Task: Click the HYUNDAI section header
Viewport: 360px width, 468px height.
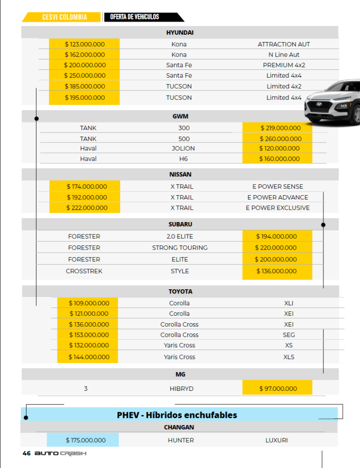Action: pyautogui.click(x=180, y=32)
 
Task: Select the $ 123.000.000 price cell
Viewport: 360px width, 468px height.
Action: pyautogui.click(x=85, y=44)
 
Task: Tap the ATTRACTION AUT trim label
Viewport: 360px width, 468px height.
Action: pyautogui.click(x=284, y=44)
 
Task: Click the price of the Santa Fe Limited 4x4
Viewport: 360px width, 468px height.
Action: pyautogui.click(x=85, y=75)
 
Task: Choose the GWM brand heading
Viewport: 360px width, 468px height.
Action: pyautogui.click(x=180, y=117)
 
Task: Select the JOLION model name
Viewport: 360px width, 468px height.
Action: pyautogui.click(x=183, y=148)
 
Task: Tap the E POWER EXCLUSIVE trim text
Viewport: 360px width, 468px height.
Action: pyautogui.click(x=277, y=207)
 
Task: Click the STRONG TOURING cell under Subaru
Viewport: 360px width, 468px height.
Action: pyautogui.click(x=180, y=248)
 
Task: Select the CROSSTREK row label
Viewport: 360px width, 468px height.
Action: pyautogui.click(x=84, y=271)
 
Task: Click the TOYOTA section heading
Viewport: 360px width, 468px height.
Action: pyautogui.click(x=180, y=292)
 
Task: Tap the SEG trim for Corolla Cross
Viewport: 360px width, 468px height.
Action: pyautogui.click(x=289, y=335)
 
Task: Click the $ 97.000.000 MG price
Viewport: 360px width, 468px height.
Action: pyautogui.click(x=278, y=388)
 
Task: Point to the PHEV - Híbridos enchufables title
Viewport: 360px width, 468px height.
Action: pyautogui.click(x=177, y=415)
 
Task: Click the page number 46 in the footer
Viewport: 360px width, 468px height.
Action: pyautogui.click(x=26, y=453)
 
